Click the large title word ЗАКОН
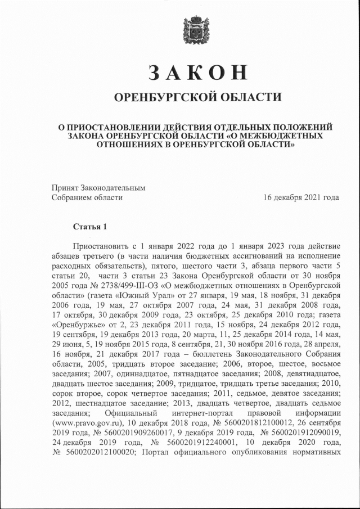(x=197, y=73)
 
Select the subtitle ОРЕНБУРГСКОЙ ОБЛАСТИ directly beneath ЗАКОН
(x=197, y=97)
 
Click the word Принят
(x=65, y=188)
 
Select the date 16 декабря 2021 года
(x=301, y=197)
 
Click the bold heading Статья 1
(x=89, y=227)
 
